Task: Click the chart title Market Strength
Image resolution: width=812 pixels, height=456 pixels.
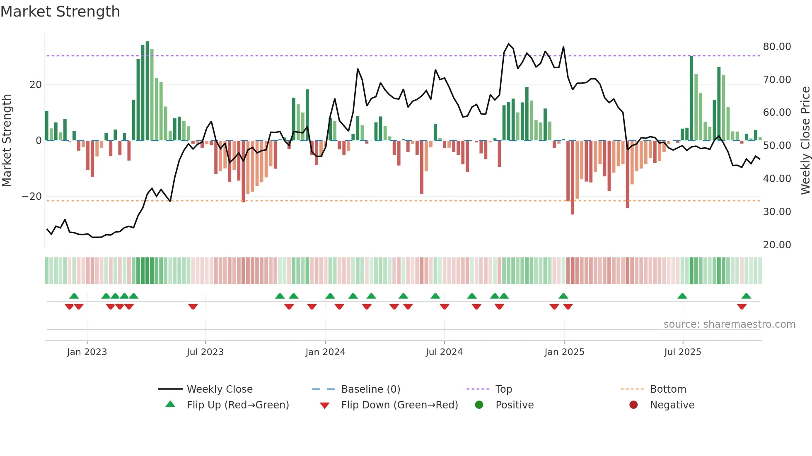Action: tap(60, 12)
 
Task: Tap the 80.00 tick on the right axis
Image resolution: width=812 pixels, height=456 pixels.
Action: tap(777, 47)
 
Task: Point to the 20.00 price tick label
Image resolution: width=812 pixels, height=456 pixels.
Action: tap(777, 245)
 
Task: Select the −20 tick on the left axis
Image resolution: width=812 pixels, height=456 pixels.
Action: tap(32, 197)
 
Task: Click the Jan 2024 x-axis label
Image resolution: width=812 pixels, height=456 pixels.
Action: tap(325, 352)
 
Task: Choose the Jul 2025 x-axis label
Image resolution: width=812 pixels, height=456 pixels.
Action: tap(682, 352)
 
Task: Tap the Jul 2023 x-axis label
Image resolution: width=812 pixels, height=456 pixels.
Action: tap(205, 352)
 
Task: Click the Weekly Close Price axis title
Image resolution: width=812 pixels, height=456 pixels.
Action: tap(805, 141)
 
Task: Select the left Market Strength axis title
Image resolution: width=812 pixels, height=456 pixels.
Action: tap(7, 141)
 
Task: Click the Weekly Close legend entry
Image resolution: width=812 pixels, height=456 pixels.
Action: tap(219, 389)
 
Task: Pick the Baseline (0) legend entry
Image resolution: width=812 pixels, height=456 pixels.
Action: tap(370, 389)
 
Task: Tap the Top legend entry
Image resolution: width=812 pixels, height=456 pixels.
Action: tap(503, 389)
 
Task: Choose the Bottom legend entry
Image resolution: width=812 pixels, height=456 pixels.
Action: tap(668, 389)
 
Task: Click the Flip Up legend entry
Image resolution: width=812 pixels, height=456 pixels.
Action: tap(237, 405)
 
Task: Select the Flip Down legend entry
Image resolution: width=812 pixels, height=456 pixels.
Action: tap(399, 405)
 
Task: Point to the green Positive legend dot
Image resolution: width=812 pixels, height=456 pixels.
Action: tap(479, 405)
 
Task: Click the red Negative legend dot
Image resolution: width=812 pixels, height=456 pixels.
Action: tap(633, 405)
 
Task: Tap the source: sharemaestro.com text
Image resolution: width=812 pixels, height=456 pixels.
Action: tap(729, 324)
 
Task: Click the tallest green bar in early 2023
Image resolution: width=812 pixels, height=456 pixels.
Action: tap(147, 91)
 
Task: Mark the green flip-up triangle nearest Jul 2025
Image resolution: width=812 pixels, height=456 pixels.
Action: tap(682, 296)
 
